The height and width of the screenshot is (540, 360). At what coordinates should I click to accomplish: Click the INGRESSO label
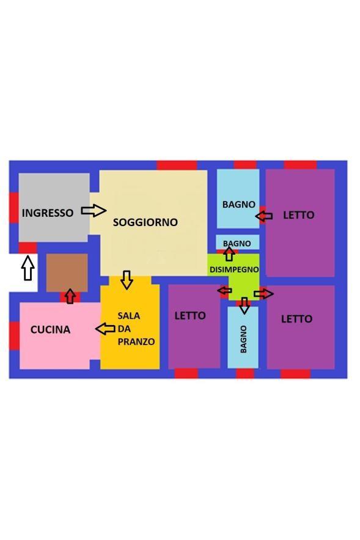coord(48,213)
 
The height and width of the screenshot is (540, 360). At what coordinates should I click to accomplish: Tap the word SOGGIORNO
coord(145,222)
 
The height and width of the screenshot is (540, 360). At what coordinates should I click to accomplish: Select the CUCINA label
coord(50,330)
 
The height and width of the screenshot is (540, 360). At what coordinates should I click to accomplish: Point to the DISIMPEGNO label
coord(234,269)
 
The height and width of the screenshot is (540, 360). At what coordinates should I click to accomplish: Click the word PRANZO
coord(136,341)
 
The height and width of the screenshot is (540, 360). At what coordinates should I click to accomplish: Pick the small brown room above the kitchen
coord(67,273)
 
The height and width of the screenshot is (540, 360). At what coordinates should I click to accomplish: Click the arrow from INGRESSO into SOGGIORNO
coord(94,210)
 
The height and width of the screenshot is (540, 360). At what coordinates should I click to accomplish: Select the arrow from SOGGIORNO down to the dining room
coord(127,280)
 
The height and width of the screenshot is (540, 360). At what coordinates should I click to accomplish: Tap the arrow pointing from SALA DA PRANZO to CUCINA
coord(105,329)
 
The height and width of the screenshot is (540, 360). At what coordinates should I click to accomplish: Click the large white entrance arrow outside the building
coord(28,268)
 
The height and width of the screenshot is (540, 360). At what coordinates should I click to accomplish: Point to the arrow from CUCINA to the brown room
coord(70,296)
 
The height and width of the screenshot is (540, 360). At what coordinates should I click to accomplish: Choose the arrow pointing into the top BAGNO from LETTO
coord(264,216)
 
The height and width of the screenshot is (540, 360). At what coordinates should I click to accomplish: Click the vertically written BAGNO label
coord(243,339)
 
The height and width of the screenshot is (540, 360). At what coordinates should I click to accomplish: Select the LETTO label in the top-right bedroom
coord(299,215)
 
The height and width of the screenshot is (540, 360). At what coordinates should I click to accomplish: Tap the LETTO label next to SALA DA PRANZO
coord(190,315)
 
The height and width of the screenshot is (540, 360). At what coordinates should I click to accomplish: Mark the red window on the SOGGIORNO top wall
coord(177,166)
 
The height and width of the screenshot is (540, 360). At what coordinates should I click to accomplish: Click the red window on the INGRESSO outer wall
coord(14,208)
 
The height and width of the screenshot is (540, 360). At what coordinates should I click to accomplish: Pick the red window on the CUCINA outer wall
coord(14,336)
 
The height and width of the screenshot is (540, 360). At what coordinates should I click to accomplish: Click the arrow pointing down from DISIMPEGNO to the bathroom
coord(244,305)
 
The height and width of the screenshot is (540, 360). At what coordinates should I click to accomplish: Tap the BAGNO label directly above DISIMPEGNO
coord(237,244)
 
